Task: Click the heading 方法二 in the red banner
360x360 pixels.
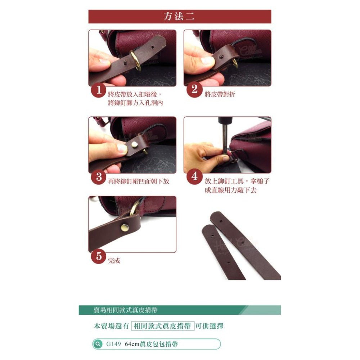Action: coord(179,17)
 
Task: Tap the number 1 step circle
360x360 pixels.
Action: coord(98,90)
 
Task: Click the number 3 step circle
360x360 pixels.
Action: coord(98,177)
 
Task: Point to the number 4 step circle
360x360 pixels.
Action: coord(194,177)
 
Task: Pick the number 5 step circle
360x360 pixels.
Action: coord(98,256)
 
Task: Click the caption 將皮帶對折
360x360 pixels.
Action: coord(220,95)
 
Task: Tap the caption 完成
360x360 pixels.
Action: coord(114,261)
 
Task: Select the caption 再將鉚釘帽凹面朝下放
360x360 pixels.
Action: coord(139,181)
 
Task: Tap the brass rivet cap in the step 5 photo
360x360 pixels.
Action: coord(124,227)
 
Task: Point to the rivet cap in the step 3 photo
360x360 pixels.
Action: coord(134,145)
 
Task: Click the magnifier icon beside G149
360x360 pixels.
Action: coord(97,344)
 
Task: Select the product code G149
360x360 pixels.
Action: coord(113,344)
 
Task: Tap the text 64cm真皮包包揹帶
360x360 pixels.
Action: coord(151,344)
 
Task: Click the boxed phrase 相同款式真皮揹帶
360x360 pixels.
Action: coord(163,326)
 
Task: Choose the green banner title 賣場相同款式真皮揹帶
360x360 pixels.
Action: coord(125,310)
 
